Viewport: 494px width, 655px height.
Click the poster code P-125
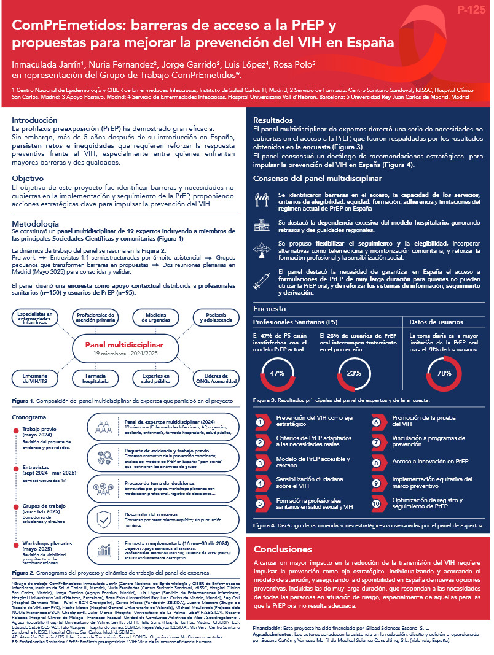469,10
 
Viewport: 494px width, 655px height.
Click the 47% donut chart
277,373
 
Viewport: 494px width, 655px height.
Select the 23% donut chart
353,373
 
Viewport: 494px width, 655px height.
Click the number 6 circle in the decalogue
377,422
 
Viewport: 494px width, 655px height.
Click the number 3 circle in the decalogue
261,463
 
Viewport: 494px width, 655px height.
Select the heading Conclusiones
283,549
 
